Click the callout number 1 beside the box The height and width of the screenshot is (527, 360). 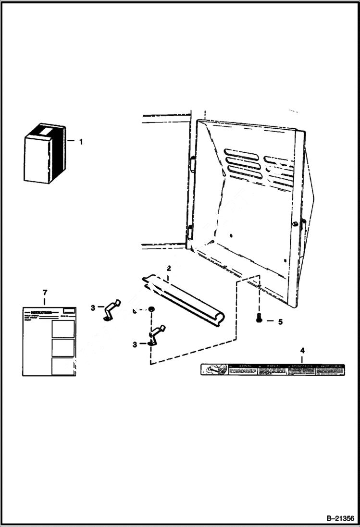point(81,142)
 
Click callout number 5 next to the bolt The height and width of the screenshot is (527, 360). point(280,322)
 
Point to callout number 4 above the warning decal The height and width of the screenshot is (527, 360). point(302,350)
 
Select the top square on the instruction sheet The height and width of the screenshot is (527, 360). point(63,329)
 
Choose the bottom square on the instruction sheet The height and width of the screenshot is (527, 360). point(63,366)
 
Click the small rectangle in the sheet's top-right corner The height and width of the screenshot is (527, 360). point(68,311)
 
